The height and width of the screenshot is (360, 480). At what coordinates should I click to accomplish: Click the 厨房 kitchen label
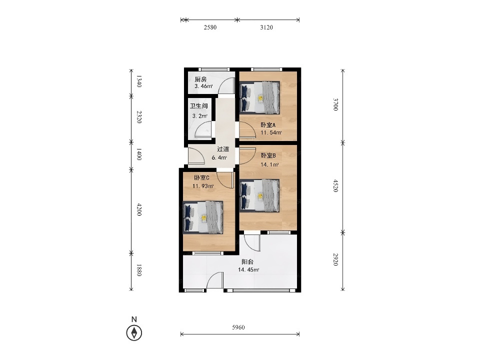[x=200, y=79]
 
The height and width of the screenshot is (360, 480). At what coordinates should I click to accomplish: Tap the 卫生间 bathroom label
[x=198, y=106]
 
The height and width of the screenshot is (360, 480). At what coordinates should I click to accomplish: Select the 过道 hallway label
[x=223, y=149]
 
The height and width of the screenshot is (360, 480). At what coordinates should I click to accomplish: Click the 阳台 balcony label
[x=247, y=261]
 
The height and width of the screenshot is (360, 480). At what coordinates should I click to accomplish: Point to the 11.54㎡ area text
[x=271, y=132]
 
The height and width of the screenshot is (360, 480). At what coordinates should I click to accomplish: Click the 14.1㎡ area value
[x=269, y=164]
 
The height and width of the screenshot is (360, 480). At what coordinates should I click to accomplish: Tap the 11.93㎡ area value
[x=203, y=186]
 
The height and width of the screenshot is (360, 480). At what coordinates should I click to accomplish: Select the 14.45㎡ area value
[x=248, y=269]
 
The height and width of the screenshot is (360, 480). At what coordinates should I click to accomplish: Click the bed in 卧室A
[x=260, y=97]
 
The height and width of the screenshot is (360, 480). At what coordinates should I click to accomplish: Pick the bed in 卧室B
[x=260, y=195]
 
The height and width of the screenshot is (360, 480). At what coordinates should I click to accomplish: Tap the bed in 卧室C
[x=203, y=217]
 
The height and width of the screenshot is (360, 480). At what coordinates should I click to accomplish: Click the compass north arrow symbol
[x=134, y=332]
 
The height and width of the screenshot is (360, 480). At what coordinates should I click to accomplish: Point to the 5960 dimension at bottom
[x=238, y=327]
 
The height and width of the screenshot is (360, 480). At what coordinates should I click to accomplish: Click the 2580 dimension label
[x=210, y=27]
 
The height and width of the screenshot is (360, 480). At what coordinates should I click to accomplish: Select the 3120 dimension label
[x=266, y=27]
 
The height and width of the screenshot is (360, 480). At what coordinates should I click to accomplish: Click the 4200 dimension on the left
[x=139, y=209]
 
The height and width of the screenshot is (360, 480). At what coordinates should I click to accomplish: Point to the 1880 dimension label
[x=139, y=270]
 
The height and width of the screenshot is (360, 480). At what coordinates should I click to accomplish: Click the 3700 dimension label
[x=335, y=104]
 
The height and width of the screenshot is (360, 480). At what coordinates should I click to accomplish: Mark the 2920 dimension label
[x=335, y=259]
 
